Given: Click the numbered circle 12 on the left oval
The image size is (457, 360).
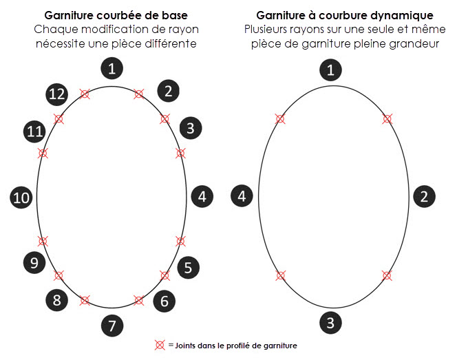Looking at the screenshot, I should [56, 94].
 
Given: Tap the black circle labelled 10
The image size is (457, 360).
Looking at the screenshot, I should [21, 197].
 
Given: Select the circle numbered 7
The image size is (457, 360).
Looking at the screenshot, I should [111, 325].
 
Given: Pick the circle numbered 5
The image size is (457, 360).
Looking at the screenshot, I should [188, 267].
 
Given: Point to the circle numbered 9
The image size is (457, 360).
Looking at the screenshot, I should [34, 262].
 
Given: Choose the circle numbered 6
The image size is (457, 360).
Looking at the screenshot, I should [164, 300].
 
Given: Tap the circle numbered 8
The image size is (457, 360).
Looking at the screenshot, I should [56, 299].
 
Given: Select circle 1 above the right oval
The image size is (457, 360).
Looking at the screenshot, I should [332, 70].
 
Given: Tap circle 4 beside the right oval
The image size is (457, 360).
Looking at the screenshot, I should [242, 196].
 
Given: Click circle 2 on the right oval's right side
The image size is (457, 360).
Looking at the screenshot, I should [424, 196].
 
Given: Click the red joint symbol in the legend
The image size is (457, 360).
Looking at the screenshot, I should [160, 345].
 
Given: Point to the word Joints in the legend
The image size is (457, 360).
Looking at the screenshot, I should [190, 345].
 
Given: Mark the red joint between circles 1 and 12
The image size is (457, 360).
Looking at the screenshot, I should [85, 94].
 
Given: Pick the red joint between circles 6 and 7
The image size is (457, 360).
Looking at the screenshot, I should [138, 300].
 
